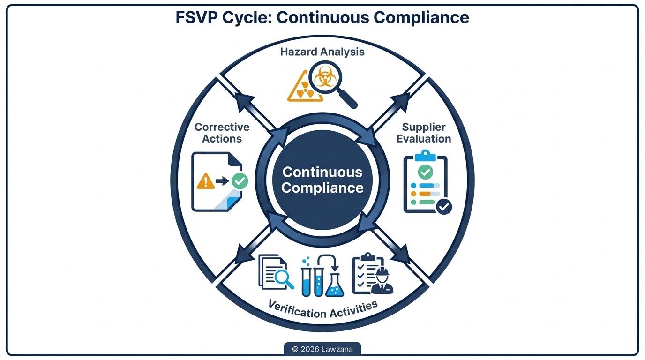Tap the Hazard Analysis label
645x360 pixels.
[x=322, y=52]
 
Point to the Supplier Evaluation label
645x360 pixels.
[x=424, y=133]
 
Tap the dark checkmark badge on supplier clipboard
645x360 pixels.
[x=443, y=206]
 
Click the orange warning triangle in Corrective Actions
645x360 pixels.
[x=206, y=181]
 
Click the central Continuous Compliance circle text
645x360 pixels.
[x=322, y=180]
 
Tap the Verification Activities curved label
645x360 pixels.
[x=322, y=309]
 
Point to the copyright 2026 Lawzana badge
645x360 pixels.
[x=322, y=349]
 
